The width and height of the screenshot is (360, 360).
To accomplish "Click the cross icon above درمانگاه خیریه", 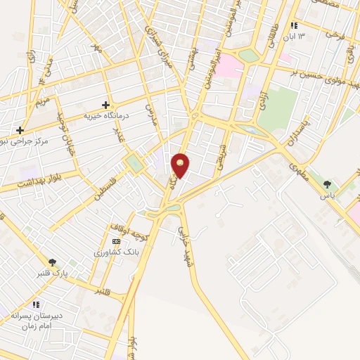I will pyautogui.click(x=105, y=104).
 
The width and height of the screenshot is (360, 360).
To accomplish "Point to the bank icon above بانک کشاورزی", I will pyautogui.click(x=116, y=240).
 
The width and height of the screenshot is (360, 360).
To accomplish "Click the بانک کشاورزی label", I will pyautogui.click(x=112, y=251).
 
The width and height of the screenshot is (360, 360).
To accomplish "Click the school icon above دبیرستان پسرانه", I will pyautogui.click(x=33, y=304).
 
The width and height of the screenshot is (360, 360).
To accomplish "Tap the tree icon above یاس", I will pyautogui.click(x=326, y=184).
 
